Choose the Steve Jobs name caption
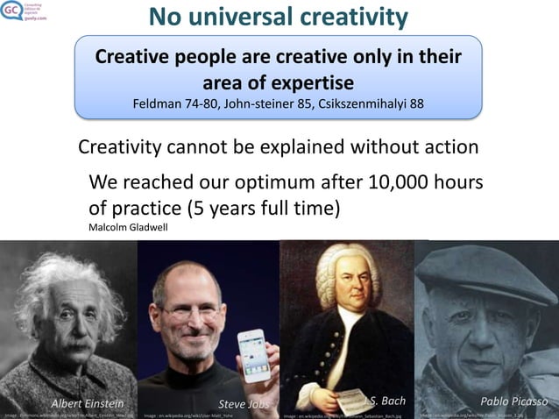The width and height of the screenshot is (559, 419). [244, 403]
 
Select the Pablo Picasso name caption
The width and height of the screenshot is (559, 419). [514, 401]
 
